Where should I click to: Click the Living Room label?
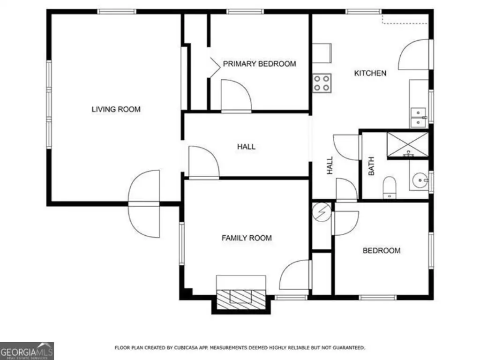point(116,109)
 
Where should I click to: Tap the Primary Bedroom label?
point(259,64)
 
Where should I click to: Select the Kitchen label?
point(370,73)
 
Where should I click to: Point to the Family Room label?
point(247,238)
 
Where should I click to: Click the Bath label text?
point(371,166)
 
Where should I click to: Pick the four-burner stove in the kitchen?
point(322,83)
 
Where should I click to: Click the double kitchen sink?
point(418,118)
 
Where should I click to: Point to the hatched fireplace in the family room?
point(241,299)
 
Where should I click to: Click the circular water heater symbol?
point(322,212)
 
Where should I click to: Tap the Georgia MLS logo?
point(27,351)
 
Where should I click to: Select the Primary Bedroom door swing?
point(236,95)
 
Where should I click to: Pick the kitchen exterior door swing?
point(413,54)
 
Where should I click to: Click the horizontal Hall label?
point(246,147)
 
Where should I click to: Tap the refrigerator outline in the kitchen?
point(322,53)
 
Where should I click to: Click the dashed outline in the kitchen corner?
point(405,19)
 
